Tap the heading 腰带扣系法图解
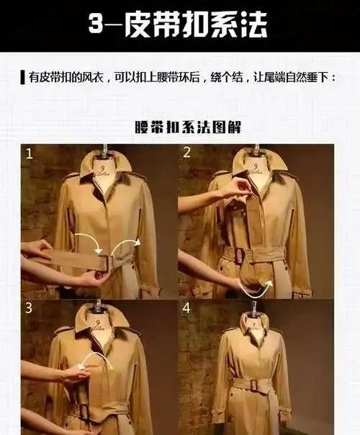coord(181,127)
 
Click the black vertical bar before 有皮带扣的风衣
coord(23,77)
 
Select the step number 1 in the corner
coord(30,153)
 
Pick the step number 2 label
coord(186,153)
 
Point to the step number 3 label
coord(30,308)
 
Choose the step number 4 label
coord(187,308)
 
